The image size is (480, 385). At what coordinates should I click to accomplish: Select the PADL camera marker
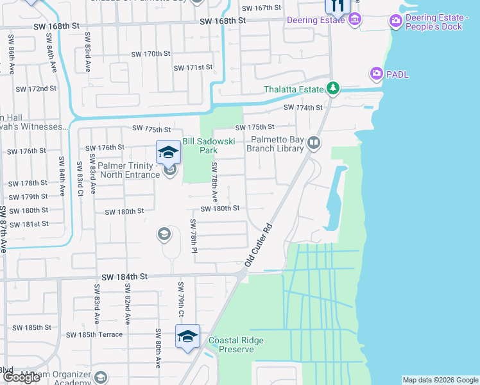(x=376, y=74)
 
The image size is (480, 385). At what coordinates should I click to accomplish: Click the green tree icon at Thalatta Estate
(x=332, y=88)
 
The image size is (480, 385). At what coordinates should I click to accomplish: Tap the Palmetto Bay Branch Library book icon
(x=313, y=143)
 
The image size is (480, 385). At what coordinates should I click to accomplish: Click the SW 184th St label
(x=121, y=276)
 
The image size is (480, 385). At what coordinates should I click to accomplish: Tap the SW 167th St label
(x=261, y=8)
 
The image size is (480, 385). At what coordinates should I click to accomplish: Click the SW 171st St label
(x=193, y=67)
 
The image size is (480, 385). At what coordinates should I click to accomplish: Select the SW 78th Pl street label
(x=193, y=235)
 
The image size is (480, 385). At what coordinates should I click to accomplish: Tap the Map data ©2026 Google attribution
(x=440, y=380)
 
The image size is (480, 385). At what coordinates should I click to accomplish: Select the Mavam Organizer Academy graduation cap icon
(x=100, y=377)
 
